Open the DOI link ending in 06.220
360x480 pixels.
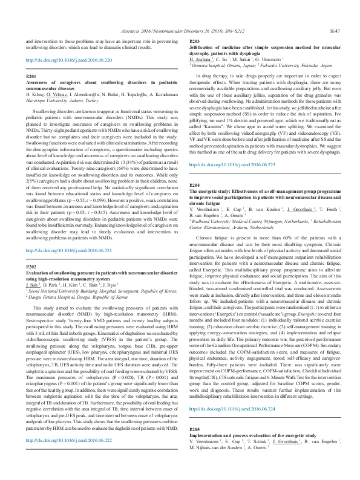tap(69, 60)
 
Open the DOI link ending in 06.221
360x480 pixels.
tap(69, 250)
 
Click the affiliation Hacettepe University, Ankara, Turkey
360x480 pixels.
tap(62, 101)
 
